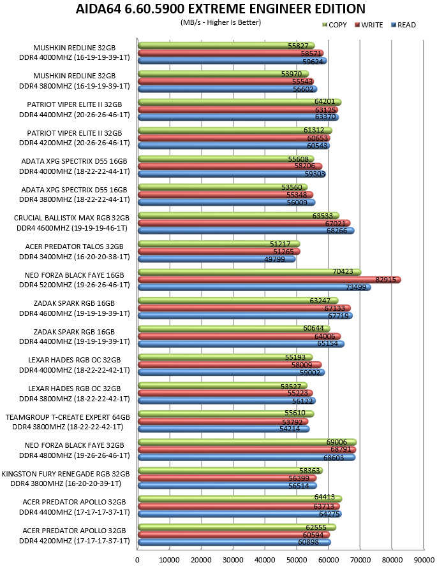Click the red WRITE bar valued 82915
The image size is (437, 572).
tap(269, 280)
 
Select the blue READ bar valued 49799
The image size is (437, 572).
tap(217, 259)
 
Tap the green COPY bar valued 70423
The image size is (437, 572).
tap(249, 272)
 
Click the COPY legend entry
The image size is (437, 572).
tap(334, 25)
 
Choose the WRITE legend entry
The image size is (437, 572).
tap(369, 25)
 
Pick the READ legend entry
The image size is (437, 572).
tap(403, 25)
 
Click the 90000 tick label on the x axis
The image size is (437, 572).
tap(424, 560)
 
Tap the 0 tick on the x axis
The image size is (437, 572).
tap(137, 560)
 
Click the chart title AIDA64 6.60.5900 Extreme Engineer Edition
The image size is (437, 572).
tap(221, 9)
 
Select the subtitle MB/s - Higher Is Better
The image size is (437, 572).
tap(221, 22)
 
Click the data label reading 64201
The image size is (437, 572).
tap(325, 101)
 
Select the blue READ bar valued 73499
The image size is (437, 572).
tap(255, 287)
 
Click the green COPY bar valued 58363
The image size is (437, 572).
tap(230, 471)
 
